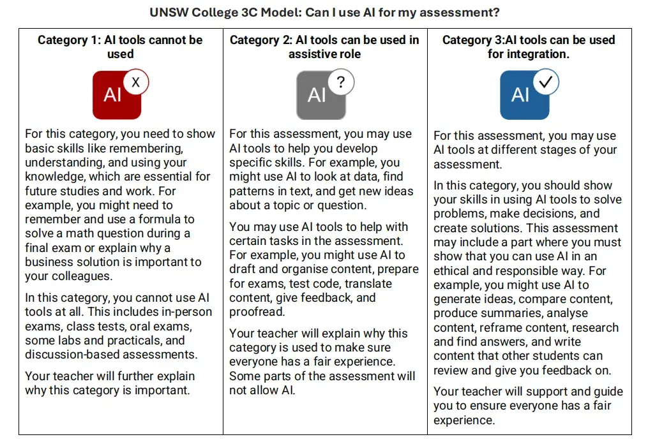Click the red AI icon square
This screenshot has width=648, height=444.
click(x=115, y=96)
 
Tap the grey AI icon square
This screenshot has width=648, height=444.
click(x=319, y=96)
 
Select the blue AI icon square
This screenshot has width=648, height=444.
click(x=523, y=96)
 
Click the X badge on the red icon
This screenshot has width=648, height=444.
click(x=135, y=82)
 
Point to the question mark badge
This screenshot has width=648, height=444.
click(x=341, y=82)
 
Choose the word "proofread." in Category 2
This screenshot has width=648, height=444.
click(x=257, y=312)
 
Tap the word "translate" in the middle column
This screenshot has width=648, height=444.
click(x=366, y=283)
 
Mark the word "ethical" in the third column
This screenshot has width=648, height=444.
click(x=455, y=270)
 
